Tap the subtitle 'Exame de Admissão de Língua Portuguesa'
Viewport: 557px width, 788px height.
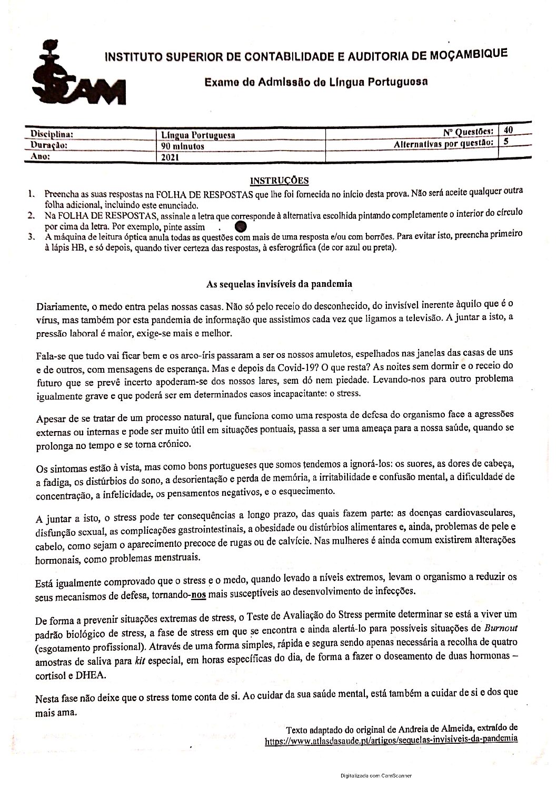[x=315, y=82]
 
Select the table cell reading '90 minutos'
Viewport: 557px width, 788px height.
[x=182, y=146]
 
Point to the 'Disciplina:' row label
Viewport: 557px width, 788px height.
[x=51, y=134]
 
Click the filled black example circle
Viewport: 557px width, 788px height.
[x=241, y=227]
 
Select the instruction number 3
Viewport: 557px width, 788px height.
[x=32, y=237]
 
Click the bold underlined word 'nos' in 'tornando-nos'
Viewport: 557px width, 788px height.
[x=198, y=592]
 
